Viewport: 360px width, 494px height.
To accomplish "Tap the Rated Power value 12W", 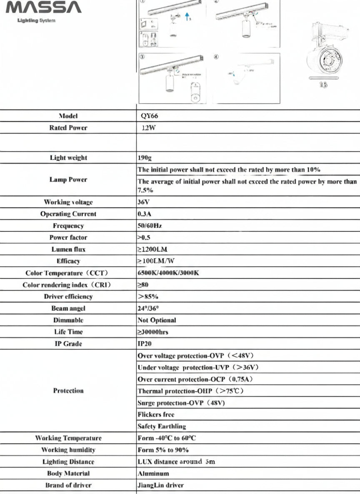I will click(x=148, y=128).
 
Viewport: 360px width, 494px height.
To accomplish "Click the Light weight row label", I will click(x=68, y=158).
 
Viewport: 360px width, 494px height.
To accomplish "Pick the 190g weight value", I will click(x=145, y=158).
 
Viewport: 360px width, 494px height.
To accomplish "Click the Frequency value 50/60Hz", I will click(x=150, y=226).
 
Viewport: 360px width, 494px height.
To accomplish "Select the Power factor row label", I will click(x=68, y=237).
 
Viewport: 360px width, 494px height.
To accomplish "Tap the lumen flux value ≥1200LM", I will click(x=152, y=249).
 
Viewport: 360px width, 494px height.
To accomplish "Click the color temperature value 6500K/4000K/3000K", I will click(x=168, y=273).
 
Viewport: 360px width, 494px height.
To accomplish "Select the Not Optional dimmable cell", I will click(x=157, y=320).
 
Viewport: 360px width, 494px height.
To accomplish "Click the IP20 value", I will click(x=145, y=344).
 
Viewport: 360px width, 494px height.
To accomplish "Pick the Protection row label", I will click(x=68, y=391).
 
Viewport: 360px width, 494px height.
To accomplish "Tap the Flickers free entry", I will click(x=156, y=415).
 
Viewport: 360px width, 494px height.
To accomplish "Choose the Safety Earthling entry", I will click(x=162, y=426).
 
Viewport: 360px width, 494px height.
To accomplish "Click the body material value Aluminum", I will click(x=153, y=474).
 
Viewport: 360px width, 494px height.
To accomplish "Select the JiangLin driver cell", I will click(x=160, y=485).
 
